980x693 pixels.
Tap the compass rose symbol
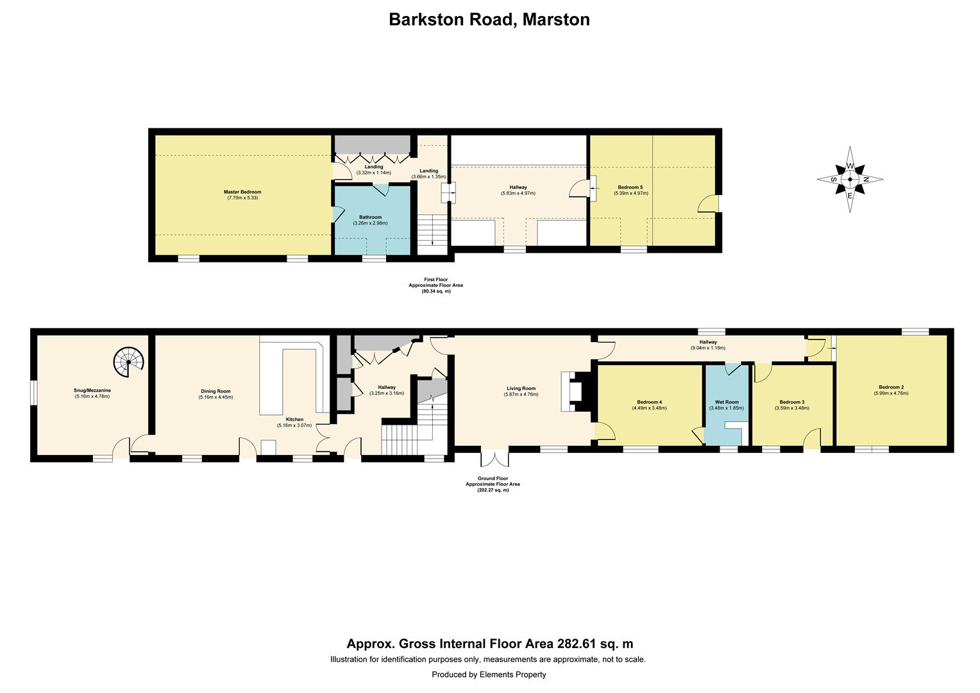coord(850,180)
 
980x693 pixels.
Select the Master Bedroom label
coord(242,192)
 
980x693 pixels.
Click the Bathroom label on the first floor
coord(370,217)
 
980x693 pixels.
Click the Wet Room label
coord(727,402)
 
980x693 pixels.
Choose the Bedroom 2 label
coord(891,387)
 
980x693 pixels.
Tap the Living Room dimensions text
coord(521,394)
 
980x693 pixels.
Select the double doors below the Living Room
coord(494,458)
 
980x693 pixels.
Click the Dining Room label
coord(214,391)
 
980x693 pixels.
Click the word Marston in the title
coord(555,19)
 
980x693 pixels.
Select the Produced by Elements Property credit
coord(489,674)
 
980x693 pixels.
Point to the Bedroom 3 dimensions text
coord(791,408)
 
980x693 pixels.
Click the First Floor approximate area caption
coord(435,285)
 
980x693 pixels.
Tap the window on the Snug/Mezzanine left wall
coord(33,393)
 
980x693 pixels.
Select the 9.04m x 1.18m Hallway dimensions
coord(707,348)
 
